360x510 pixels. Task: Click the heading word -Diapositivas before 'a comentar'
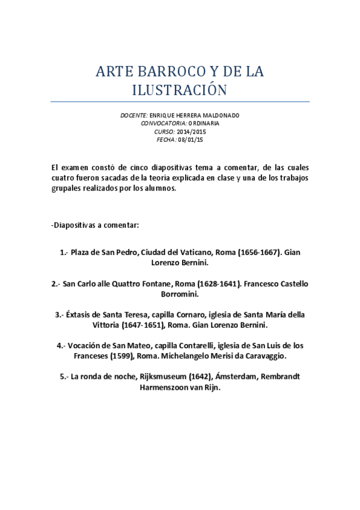tap(75, 225)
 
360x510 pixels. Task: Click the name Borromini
tap(180, 295)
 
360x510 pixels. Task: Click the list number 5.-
tap(66, 377)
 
